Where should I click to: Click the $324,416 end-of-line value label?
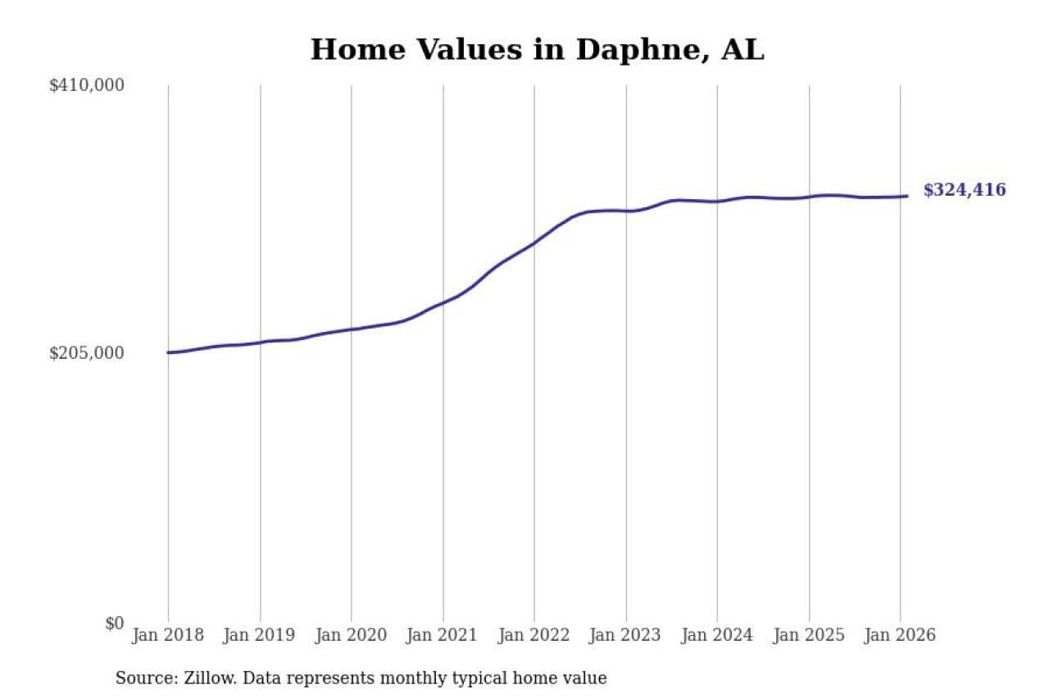click(964, 190)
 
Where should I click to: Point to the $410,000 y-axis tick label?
click(87, 85)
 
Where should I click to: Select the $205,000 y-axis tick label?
click(87, 353)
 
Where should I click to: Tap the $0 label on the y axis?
click(114, 623)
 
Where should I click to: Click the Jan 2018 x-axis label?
click(168, 635)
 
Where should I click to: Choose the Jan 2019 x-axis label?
click(260, 635)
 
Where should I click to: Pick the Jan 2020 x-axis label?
click(352, 635)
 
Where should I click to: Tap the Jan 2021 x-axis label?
click(443, 635)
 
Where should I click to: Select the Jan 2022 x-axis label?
click(534, 635)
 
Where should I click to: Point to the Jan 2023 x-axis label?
click(626, 635)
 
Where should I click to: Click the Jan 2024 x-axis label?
click(717, 635)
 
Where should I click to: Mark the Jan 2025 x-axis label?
click(809, 635)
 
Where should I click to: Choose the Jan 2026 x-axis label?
click(900, 635)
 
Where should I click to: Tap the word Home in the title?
click(358, 50)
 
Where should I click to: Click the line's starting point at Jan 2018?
click(169, 352)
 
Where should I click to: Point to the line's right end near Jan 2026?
click(906, 196)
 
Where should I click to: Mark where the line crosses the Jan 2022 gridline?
click(534, 243)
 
